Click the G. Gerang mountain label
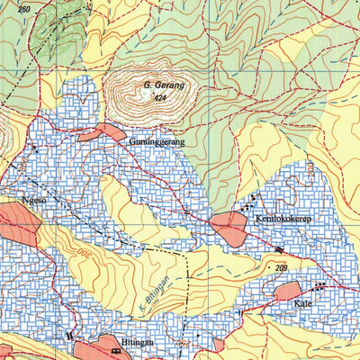[x=164, y=85]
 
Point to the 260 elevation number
[x=23, y=9]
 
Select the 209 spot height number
[x=281, y=268]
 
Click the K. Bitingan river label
[x=155, y=291]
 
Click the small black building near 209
[x=279, y=249]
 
